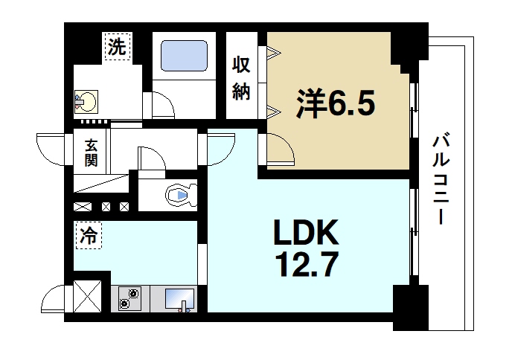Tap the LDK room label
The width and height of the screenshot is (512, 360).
(x=305, y=234)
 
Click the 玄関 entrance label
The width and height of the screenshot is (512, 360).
(x=89, y=152)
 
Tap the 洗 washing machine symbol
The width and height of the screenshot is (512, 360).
(x=117, y=48)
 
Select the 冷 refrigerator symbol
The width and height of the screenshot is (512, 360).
(x=88, y=237)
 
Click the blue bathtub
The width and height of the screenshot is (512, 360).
(x=183, y=56)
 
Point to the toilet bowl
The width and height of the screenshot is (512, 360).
(x=179, y=195)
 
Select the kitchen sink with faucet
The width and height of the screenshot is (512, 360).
(x=179, y=299)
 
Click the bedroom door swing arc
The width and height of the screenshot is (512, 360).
(x=281, y=149)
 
